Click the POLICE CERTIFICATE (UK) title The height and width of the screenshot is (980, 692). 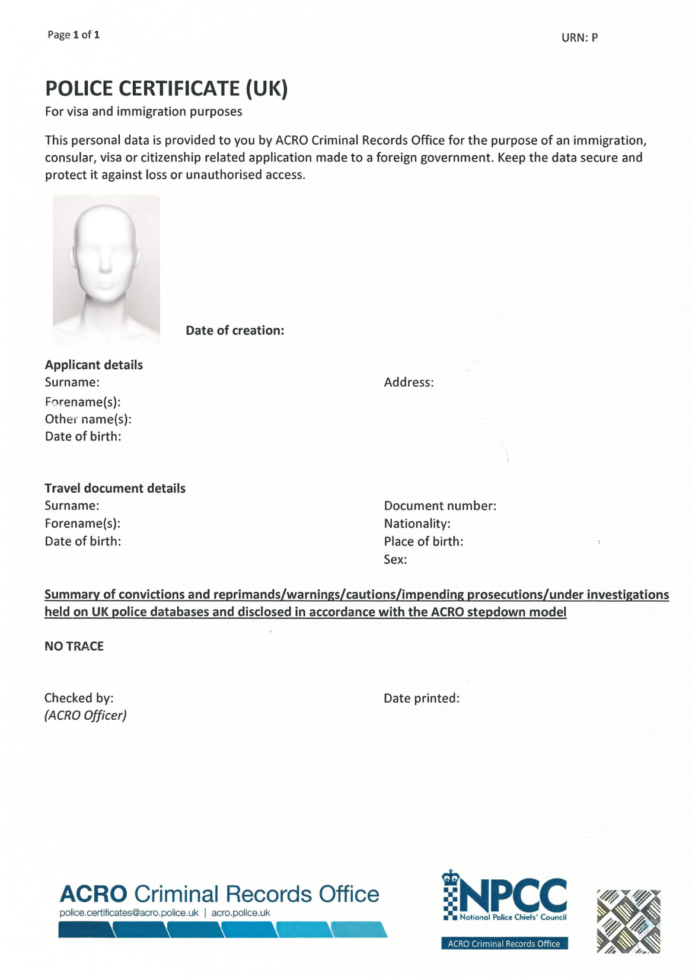point(167,88)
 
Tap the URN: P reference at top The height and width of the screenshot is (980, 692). point(579,38)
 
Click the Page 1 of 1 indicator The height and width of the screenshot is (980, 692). point(74,35)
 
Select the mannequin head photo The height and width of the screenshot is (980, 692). point(106,270)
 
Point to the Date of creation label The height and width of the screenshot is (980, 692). point(235,331)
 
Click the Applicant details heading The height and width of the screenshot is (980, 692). point(94,365)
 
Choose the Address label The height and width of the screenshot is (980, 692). point(409,382)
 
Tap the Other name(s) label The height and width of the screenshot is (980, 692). point(88,419)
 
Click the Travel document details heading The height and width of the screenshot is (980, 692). point(115,489)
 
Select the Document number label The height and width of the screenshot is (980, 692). point(440,506)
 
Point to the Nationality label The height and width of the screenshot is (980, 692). point(417,523)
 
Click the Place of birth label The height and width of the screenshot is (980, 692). point(423,541)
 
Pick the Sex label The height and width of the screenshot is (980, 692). point(396,560)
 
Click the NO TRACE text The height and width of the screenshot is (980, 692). point(74,646)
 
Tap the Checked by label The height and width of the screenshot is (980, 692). point(79,698)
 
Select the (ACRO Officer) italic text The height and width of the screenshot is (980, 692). point(85,716)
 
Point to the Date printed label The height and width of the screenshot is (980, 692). point(422,698)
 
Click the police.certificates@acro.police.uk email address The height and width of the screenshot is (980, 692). point(129,913)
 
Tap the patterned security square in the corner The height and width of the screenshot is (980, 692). point(628,921)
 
